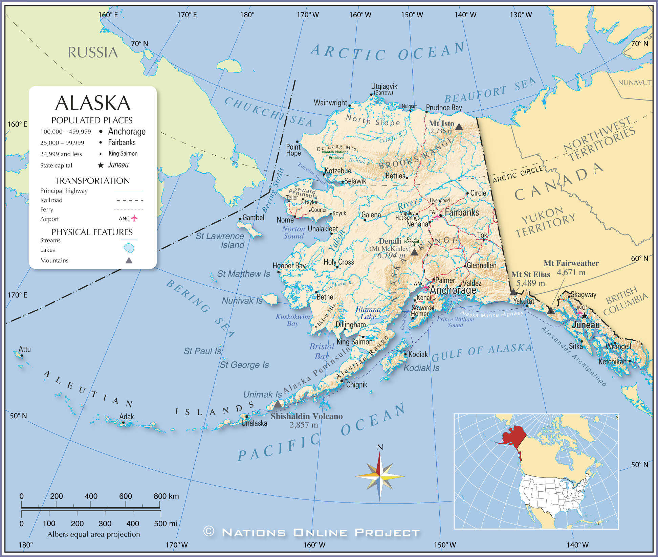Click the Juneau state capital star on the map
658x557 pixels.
click(x=584, y=316)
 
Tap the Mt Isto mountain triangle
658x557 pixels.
click(x=459, y=127)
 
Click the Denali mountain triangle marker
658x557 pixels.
click(x=414, y=252)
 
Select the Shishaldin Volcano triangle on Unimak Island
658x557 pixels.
click(x=278, y=404)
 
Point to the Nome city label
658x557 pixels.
click(x=285, y=220)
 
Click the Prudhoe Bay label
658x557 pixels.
click(x=444, y=108)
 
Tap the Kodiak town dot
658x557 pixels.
click(x=405, y=354)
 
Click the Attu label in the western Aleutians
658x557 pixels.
click(x=25, y=349)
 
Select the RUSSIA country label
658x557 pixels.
click(x=93, y=53)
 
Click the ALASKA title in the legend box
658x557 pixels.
click(x=93, y=103)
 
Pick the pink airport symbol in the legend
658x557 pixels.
click(x=134, y=218)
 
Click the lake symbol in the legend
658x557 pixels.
click(x=129, y=249)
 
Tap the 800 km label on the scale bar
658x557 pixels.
click(x=166, y=496)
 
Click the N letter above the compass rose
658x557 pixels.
click(x=380, y=447)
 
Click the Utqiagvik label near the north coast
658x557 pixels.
click(x=384, y=86)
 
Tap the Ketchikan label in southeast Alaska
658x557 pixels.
click(x=612, y=361)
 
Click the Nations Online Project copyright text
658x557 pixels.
click(x=311, y=532)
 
